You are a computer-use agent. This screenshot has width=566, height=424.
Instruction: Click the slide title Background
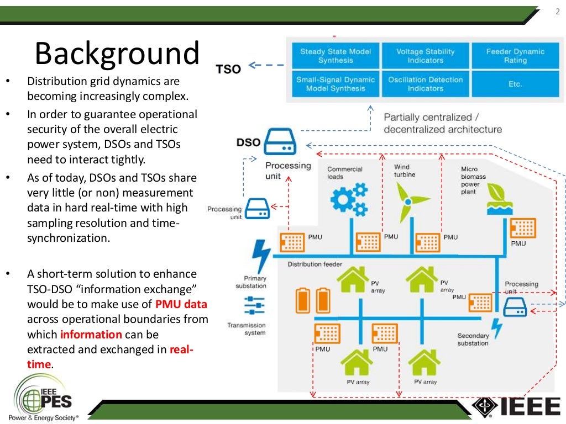(x=117, y=54)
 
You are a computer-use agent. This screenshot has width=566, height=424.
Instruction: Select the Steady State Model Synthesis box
(x=335, y=56)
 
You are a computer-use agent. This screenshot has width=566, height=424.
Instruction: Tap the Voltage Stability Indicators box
(x=425, y=56)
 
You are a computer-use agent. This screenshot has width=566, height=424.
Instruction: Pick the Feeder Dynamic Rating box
(x=515, y=56)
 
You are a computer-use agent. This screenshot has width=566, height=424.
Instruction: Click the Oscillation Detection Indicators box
(x=425, y=84)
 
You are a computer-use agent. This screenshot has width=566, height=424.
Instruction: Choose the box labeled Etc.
(x=515, y=84)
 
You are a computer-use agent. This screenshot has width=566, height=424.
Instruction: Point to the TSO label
(x=228, y=69)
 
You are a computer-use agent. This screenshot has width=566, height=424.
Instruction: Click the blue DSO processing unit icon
(x=280, y=143)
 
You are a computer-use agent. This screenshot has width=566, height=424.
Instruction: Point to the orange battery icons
(x=312, y=300)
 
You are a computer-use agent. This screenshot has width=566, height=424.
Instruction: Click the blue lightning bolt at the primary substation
(x=260, y=256)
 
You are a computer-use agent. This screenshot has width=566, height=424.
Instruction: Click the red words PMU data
(x=181, y=304)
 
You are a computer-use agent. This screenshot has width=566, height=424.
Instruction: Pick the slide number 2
(x=557, y=13)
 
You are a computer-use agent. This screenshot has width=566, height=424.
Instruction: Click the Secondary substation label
(x=473, y=339)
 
